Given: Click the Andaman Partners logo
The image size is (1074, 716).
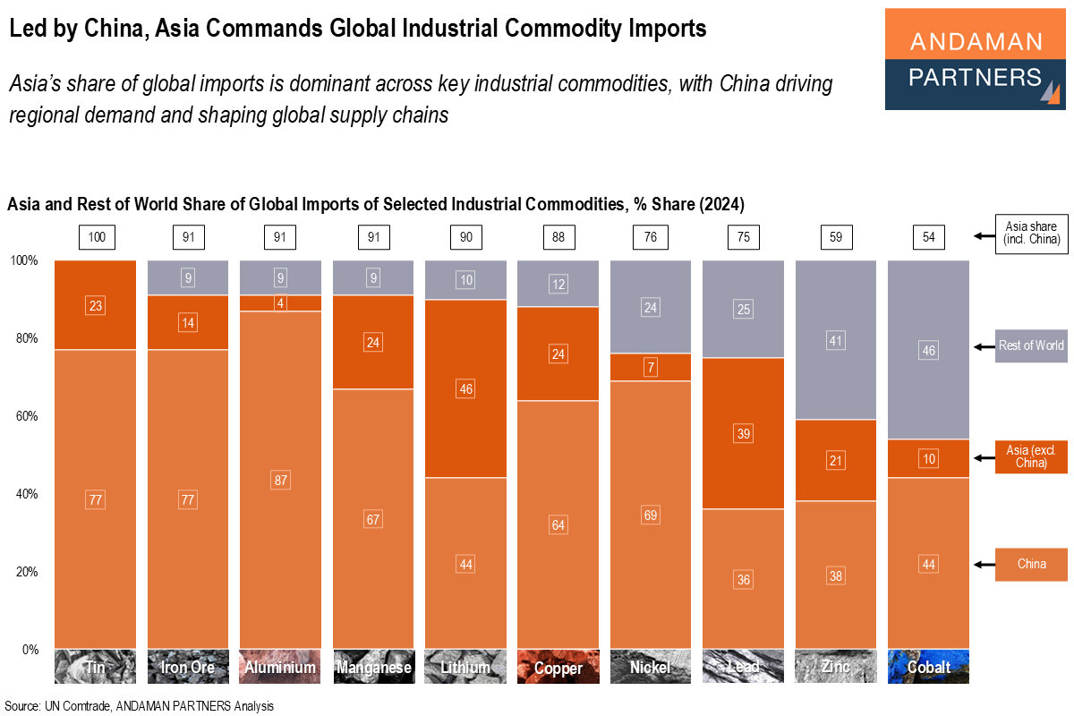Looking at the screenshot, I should click(x=976, y=59).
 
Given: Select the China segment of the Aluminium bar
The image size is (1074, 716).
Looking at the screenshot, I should click(x=279, y=537).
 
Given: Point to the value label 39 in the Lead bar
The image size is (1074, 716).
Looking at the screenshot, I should click(x=743, y=433).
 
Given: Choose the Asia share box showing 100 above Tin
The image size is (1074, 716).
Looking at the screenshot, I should click(x=96, y=237).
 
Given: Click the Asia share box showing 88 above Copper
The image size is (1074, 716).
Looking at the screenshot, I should click(x=558, y=237).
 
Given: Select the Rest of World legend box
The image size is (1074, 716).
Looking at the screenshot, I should click(x=1031, y=345).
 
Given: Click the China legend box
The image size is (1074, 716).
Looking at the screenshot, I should click(x=1031, y=565).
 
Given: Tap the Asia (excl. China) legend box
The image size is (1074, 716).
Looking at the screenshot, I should click(x=1031, y=456).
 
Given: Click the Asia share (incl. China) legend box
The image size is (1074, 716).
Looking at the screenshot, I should click(x=1031, y=235).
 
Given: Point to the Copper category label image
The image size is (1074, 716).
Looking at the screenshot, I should click(x=558, y=667).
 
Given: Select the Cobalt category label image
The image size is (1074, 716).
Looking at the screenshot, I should click(x=928, y=667).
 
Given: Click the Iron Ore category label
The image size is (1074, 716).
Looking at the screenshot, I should click(x=188, y=667).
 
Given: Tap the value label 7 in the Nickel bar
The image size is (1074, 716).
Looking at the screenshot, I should click(x=651, y=368).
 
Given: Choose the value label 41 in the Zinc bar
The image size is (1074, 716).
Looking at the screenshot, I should click(x=836, y=340).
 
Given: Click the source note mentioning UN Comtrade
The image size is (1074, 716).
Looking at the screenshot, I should click(x=139, y=706).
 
